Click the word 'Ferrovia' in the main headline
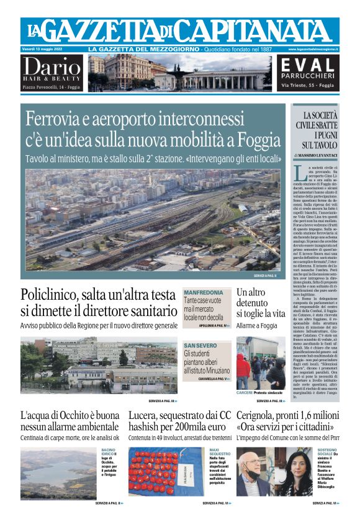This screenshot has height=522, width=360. click(74, 119)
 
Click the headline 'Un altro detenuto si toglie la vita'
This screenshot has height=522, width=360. click(260, 302)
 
